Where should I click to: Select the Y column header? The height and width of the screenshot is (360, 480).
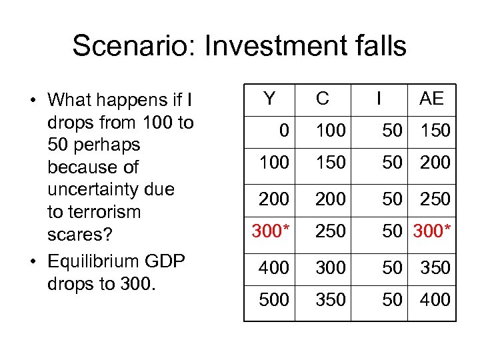[269, 99]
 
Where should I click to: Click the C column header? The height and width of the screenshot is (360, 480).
[322, 99]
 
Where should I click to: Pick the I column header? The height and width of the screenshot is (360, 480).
[379, 99]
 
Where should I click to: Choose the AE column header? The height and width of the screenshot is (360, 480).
[431, 99]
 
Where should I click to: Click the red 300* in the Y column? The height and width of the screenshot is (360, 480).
[270, 231]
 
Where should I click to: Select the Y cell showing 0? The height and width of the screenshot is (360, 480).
[285, 131]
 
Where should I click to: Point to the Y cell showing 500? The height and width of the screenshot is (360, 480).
[275, 299]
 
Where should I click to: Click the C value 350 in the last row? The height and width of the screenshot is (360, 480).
[331, 299]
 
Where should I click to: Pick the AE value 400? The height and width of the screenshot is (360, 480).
[435, 299]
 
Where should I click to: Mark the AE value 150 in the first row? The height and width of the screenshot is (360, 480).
[435, 131]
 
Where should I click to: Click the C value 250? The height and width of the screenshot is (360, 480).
[331, 231]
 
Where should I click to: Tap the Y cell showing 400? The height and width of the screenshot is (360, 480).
[275, 267]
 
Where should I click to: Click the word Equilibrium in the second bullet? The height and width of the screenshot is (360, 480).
[93, 261]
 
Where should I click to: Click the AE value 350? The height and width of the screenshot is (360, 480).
[435, 267]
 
